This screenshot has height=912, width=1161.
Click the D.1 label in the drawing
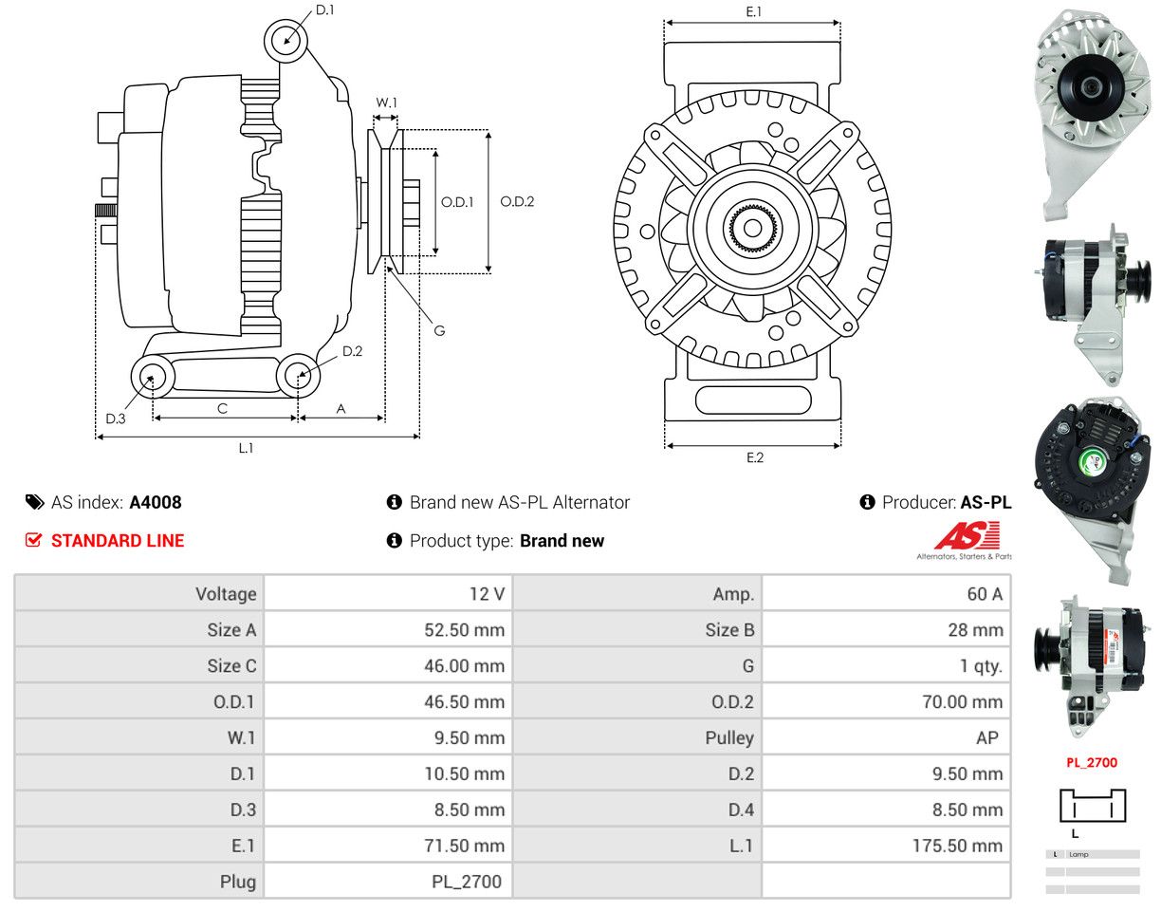[x=324, y=9]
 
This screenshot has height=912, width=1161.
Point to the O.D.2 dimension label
[x=517, y=201]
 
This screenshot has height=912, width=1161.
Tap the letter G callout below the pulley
[x=439, y=331]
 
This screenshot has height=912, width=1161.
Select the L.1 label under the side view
[x=246, y=448]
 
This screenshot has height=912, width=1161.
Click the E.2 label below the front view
[x=754, y=457]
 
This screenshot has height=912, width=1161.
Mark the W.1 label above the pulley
[x=386, y=102]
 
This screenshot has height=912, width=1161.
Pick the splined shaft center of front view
[x=752, y=228]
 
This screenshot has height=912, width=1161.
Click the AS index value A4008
[x=156, y=502]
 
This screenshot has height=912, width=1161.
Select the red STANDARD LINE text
[x=117, y=541]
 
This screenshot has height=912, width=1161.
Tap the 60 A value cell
[x=984, y=594]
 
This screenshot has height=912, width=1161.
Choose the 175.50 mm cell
[x=957, y=846]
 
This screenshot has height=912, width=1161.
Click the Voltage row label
[x=226, y=594]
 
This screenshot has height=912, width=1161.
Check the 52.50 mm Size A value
[x=464, y=630]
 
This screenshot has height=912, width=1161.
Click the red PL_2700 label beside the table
[x=1091, y=762]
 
